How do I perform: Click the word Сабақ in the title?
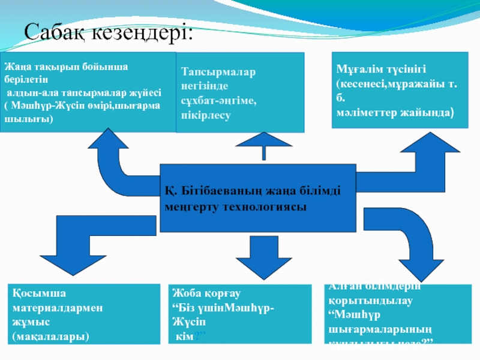(56, 31)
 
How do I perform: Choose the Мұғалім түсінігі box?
(400, 89)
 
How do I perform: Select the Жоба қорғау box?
(240, 315)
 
